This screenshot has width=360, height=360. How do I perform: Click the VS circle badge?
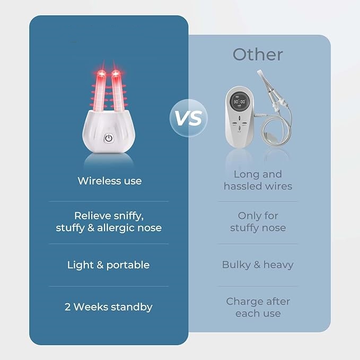coord(186,118)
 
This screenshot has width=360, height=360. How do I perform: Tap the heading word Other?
coord(258,55)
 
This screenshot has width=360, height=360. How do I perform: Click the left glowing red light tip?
coord(99,73)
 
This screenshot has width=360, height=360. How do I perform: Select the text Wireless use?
coord(109,181)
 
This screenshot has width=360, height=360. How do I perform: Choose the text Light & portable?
coord(108,265)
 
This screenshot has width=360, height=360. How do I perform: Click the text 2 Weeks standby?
coord(109,307)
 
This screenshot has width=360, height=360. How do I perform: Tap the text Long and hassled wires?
coord(258,180)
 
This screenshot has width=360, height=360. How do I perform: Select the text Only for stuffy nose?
coord(258,222)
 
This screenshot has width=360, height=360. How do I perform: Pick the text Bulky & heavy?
coord(258,265)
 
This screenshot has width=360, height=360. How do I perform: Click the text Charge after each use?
coord(258,308)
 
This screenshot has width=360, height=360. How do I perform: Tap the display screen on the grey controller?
coord(239,102)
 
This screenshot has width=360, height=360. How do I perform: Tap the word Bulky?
coord(236,265)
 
